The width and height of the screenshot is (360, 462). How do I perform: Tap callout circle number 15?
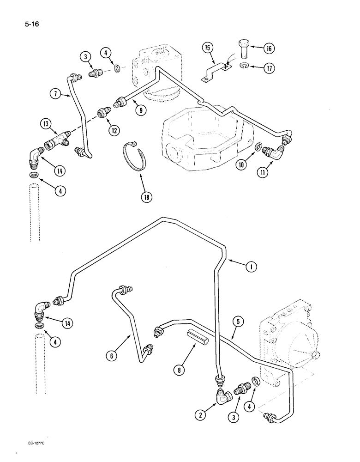207,48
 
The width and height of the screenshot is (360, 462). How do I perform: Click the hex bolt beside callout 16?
245,50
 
